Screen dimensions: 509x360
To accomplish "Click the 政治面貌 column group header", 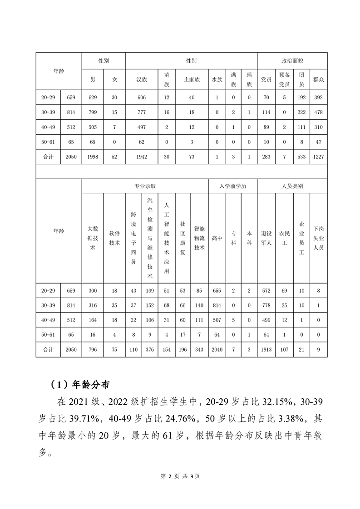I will [292, 61].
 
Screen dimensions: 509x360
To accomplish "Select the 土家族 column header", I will [191, 79].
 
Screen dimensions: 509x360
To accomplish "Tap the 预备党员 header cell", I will [284, 79].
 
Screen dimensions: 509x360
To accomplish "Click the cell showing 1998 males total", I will [93, 157].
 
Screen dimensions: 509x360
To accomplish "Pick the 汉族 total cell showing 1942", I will [142, 157].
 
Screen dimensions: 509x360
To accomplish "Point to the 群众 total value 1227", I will [318, 157].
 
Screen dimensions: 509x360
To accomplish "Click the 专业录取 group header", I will [145, 186].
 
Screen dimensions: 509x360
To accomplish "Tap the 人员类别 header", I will [292, 186].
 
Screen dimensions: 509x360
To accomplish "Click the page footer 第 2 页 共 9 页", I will [180, 476].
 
